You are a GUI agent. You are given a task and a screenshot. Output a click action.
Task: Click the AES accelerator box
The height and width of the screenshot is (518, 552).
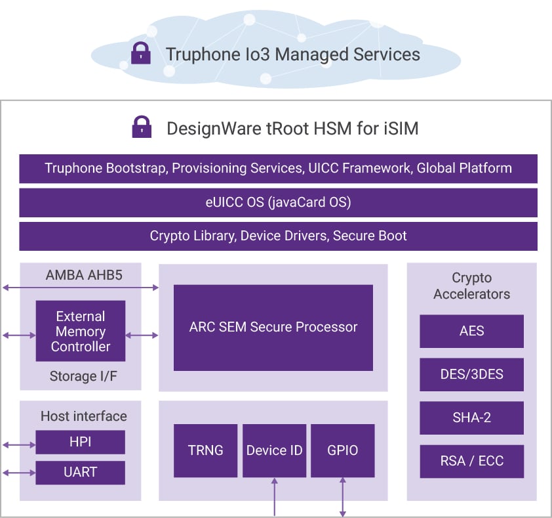pyautogui.click(x=471, y=331)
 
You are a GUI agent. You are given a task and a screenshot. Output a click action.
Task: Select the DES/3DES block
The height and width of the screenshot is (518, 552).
pyautogui.click(x=471, y=374)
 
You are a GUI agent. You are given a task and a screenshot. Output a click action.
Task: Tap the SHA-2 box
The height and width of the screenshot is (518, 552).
pyautogui.click(x=471, y=418)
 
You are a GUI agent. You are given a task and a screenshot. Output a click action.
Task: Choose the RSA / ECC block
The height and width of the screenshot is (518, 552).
pyautogui.click(x=471, y=461)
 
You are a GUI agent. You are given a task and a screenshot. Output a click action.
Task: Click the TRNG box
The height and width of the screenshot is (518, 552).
pyautogui.click(x=205, y=450)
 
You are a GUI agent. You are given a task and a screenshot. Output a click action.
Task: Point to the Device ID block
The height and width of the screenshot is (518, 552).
pyautogui.click(x=274, y=450)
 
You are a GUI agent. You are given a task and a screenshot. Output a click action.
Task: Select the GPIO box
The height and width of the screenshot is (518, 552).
pyautogui.click(x=342, y=450)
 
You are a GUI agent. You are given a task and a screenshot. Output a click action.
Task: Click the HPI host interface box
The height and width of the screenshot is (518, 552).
pyautogui.click(x=80, y=442)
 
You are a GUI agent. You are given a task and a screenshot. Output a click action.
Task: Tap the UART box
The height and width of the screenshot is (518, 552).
pyautogui.click(x=80, y=472)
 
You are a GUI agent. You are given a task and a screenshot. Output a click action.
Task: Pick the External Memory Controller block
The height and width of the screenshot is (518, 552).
pyautogui.click(x=80, y=332)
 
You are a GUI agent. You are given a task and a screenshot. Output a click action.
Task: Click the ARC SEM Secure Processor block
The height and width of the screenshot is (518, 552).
pyautogui.click(x=273, y=327)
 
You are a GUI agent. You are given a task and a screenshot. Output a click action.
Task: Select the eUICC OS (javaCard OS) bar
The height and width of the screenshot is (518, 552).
pyautogui.click(x=278, y=202)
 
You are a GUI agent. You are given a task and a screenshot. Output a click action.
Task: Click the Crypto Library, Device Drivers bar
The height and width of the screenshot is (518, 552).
pyautogui.click(x=278, y=236)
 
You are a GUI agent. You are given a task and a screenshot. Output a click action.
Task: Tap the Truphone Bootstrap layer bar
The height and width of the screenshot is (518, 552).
pyautogui.click(x=278, y=168)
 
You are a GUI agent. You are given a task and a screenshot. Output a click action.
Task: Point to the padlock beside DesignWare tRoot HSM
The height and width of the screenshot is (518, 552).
pyautogui.click(x=142, y=127)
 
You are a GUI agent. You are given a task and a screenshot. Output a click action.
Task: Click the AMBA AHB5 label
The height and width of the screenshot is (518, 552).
pyautogui.click(x=80, y=275)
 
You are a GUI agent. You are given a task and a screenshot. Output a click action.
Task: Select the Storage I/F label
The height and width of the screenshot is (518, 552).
pyautogui.click(x=80, y=376)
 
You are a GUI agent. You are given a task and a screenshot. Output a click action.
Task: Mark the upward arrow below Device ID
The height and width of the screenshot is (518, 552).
pyautogui.click(x=274, y=496)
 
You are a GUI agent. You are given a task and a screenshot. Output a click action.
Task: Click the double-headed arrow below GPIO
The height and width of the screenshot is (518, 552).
pyautogui.click(x=342, y=496)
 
